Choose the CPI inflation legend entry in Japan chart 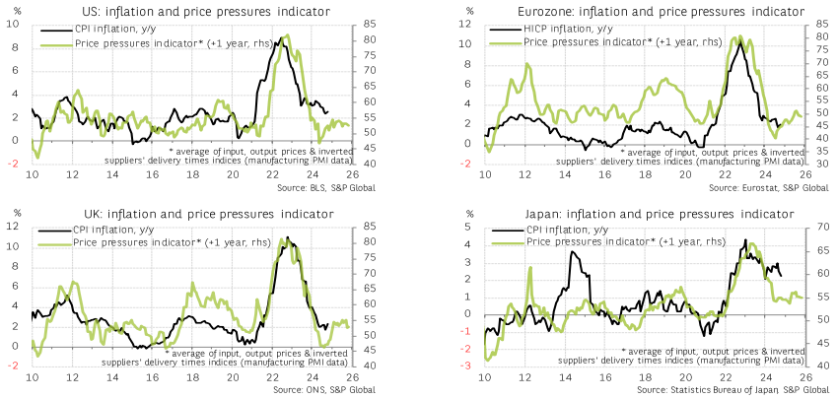click(565, 231)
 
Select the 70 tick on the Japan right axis click(822, 229)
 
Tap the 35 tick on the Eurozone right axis click(822, 164)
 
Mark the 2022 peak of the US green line click(285, 37)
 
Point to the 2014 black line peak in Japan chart click(571, 253)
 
